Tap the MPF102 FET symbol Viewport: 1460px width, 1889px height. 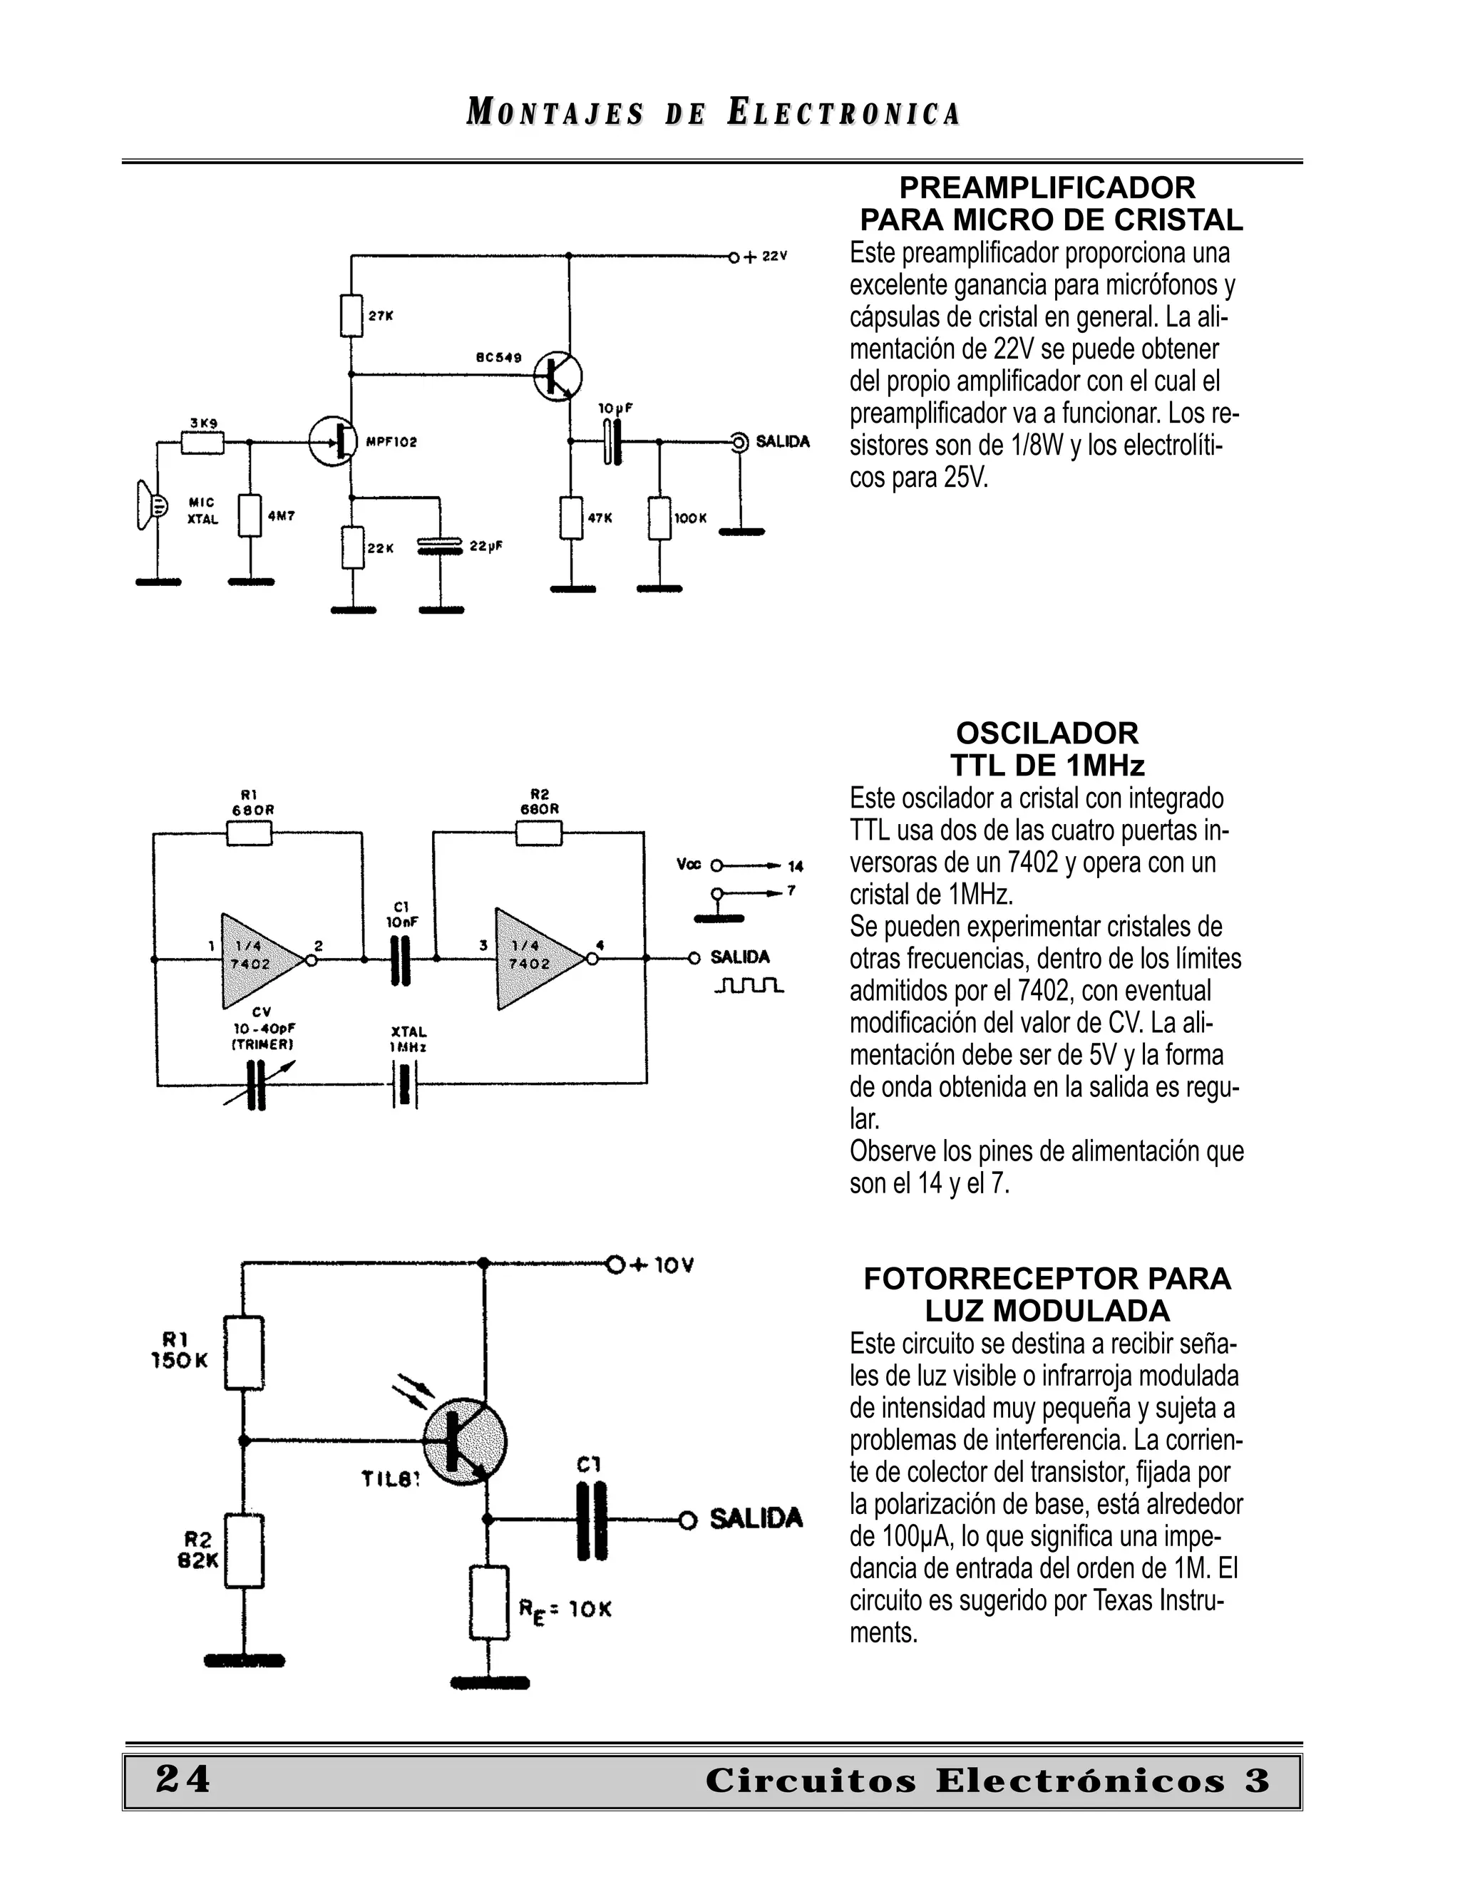click(334, 441)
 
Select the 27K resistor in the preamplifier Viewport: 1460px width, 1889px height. click(351, 316)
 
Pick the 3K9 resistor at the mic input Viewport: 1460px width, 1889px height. click(203, 443)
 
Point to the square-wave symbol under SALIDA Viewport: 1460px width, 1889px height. click(749, 986)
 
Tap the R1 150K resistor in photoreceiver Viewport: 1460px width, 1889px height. click(244, 1353)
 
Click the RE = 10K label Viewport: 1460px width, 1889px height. click(565, 1610)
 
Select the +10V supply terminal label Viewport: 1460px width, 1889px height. click(662, 1265)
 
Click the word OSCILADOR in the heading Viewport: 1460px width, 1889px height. click(1047, 734)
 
